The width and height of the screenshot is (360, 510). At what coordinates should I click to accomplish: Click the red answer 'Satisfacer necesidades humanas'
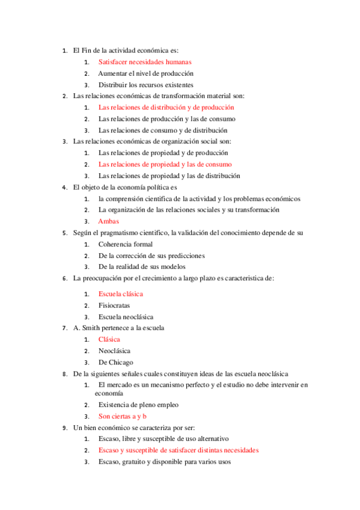[145, 61]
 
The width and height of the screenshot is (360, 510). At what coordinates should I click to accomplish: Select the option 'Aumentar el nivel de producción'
[146, 73]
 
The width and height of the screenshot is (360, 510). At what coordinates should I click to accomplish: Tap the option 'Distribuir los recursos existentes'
[146, 84]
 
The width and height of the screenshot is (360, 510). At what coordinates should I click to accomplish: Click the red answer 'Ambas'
[109, 221]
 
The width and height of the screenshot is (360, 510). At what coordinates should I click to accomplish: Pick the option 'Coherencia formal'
[126, 244]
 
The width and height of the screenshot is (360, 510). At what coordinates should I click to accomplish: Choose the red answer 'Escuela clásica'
[121, 294]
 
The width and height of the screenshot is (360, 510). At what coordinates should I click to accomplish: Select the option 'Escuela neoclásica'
[126, 317]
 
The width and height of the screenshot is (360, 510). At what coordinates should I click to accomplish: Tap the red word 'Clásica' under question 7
[109, 339]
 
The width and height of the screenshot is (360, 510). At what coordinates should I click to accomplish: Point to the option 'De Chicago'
[116, 362]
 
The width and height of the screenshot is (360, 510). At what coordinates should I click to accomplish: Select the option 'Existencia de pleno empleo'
[138, 405]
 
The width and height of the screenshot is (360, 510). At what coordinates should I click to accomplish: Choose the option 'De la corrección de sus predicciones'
[151, 256]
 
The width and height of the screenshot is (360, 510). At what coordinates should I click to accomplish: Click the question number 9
[65, 428]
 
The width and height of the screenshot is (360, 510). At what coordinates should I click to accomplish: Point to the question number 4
[65, 187]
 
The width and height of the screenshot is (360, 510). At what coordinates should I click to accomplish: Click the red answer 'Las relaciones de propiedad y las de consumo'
[165, 164]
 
